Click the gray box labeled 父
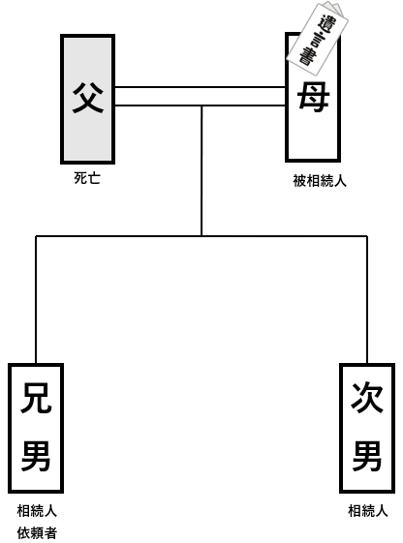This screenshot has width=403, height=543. (87, 99)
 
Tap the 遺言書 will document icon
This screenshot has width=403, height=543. (317, 39)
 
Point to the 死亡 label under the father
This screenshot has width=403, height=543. (87, 178)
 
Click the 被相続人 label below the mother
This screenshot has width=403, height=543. (320, 181)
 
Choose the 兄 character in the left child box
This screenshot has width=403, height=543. (36, 398)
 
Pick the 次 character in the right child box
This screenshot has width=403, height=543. (367, 398)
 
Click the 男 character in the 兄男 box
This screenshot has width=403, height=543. (36, 455)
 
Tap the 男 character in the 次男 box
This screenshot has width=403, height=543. (367, 455)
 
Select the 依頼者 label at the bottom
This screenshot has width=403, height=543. (37, 533)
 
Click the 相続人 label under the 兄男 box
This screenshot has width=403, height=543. (37, 511)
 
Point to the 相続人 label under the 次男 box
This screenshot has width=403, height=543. (368, 511)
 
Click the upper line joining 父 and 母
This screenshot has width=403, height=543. (200, 87)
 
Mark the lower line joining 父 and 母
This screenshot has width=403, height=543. (200, 105)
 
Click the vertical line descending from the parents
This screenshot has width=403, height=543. (201, 170)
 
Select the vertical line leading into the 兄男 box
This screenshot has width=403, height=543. (36, 300)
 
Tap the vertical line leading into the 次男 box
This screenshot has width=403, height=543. (367, 300)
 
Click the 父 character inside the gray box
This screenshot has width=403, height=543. (87, 98)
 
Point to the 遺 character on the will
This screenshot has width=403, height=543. (326, 23)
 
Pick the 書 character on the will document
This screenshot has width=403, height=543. (306, 56)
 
